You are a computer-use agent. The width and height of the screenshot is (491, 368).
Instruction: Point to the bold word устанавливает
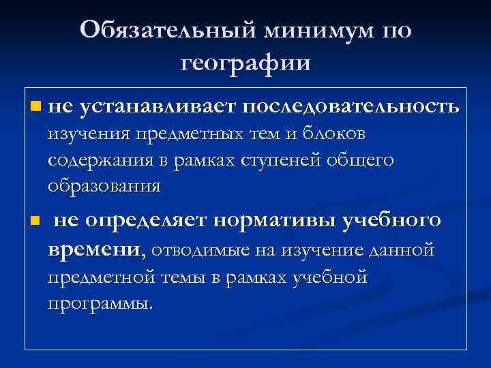coord(158,107)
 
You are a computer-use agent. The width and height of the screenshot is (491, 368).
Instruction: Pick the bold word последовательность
coord(351,107)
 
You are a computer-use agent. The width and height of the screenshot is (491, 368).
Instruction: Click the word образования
coord(104,185)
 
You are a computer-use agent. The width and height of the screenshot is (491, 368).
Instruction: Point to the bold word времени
coord(95,250)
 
